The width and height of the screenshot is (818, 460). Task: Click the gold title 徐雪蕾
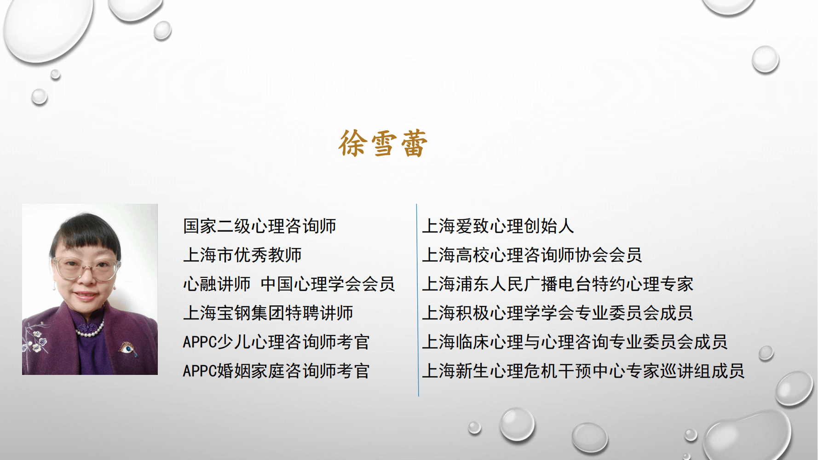pyautogui.click(x=383, y=143)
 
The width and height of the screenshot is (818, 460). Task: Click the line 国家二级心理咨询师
pyautogui.click(x=259, y=226)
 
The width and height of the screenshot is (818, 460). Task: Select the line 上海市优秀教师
pyautogui.click(x=242, y=255)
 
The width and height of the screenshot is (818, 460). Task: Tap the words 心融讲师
pyautogui.click(x=217, y=284)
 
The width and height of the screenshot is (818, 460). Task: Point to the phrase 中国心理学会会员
pyautogui.click(x=328, y=284)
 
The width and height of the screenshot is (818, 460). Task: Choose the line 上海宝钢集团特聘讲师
pyautogui.click(x=268, y=313)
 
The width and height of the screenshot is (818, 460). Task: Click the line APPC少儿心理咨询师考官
pyautogui.click(x=276, y=342)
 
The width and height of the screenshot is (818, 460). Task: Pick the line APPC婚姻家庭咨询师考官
pyautogui.click(x=276, y=371)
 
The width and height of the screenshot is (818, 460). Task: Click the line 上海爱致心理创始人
pyautogui.click(x=498, y=226)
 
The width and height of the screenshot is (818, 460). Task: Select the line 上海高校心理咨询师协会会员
pyautogui.click(x=532, y=255)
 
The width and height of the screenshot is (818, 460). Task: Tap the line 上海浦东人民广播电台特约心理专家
pyautogui.click(x=558, y=284)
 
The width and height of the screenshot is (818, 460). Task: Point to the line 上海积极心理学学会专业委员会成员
pyautogui.click(x=558, y=313)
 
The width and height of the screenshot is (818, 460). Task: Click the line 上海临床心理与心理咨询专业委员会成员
pyautogui.click(x=575, y=342)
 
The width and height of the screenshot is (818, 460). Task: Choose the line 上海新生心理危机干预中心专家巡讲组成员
pyautogui.click(x=583, y=371)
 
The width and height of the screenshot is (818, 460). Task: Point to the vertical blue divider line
pyautogui.click(x=417, y=300)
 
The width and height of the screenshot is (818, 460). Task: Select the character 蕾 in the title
pyautogui.click(x=414, y=144)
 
